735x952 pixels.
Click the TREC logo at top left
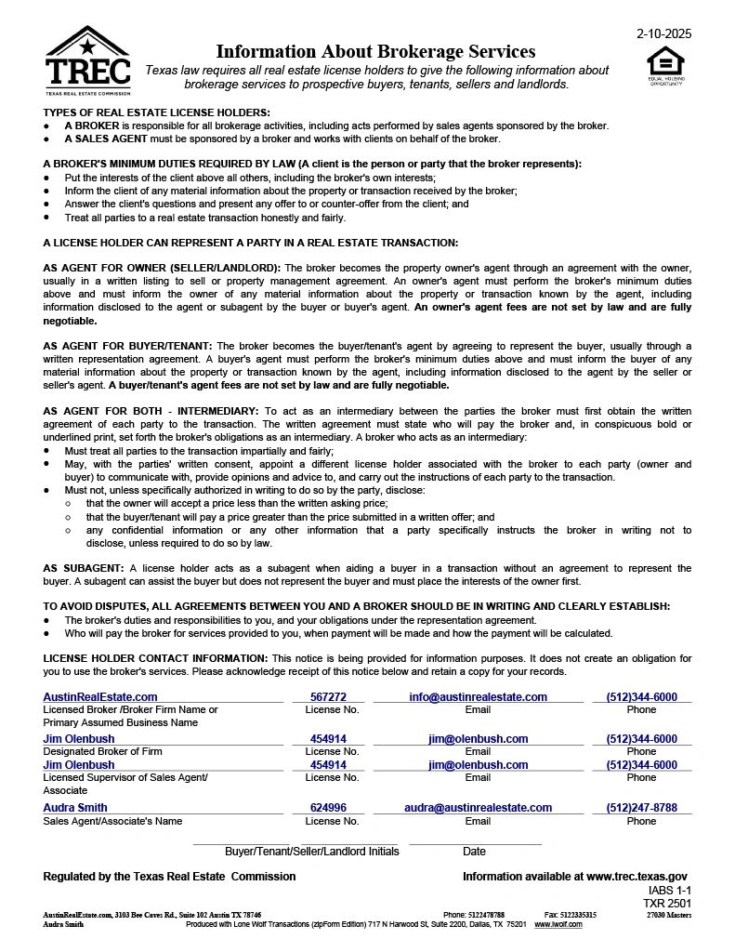87,61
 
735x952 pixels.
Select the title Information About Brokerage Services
375,51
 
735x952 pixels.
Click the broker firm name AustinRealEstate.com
100,696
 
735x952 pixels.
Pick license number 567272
328,696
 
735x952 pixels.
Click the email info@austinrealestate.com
478,696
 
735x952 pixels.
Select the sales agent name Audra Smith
75,808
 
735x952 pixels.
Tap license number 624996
328,808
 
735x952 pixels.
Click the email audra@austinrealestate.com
478,808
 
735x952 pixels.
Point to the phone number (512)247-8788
641,808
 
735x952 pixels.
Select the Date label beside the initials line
474,852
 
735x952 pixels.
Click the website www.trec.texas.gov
637,877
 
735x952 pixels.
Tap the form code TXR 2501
667,903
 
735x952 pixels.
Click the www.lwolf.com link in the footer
558,924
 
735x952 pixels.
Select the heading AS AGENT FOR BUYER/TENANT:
128,346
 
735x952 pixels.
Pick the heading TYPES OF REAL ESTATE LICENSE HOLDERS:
156,112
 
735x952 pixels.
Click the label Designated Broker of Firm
102,751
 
